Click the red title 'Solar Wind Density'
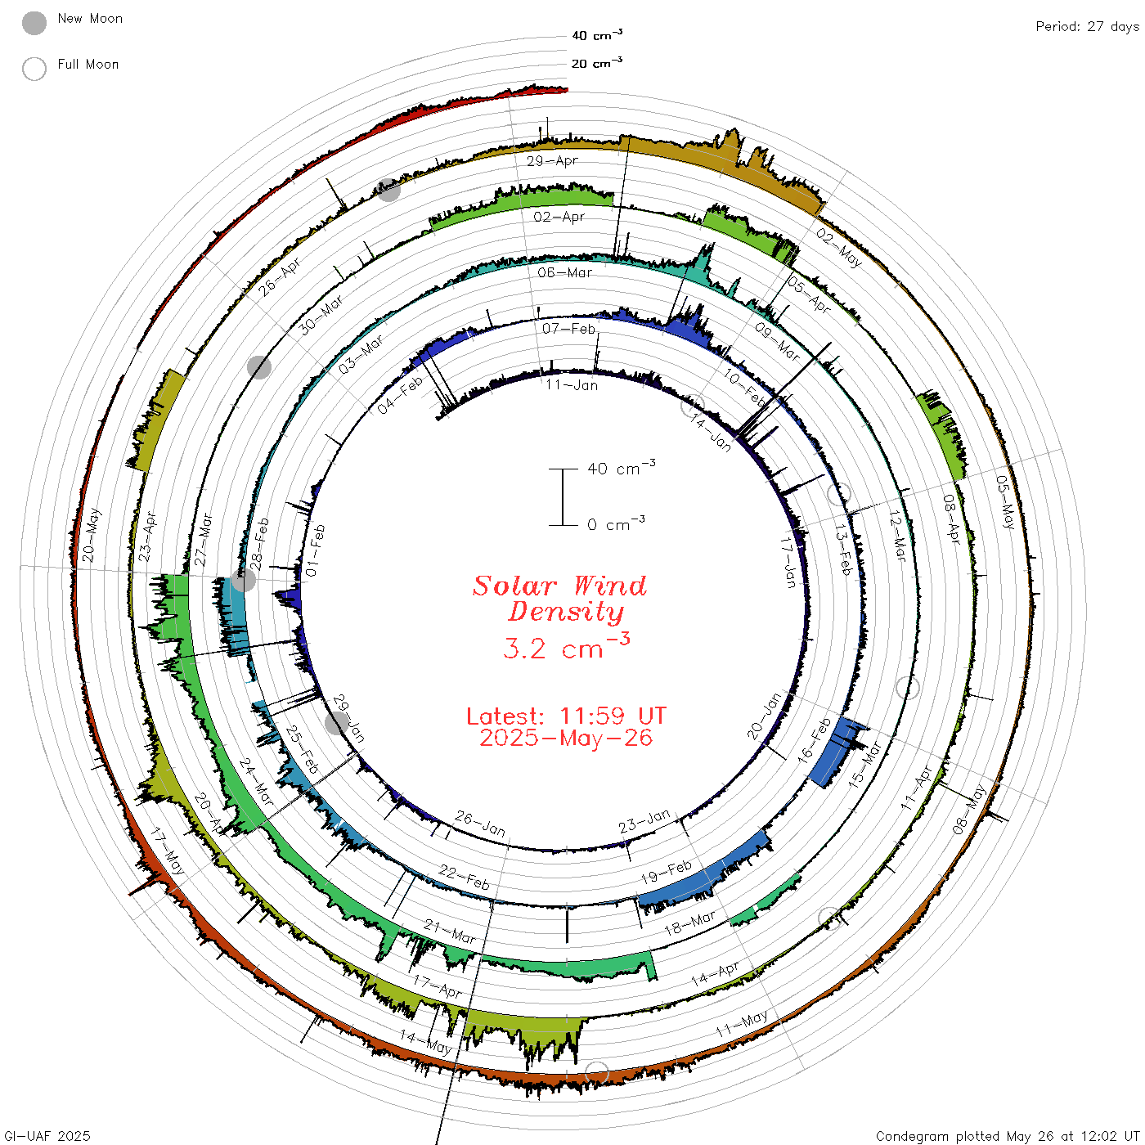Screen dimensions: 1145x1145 click(559, 599)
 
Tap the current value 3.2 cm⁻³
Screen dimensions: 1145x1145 click(566, 647)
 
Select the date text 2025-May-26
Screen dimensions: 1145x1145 click(566, 738)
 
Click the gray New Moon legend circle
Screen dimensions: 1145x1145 click(34, 23)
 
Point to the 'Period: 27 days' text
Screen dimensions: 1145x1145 click(1087, 27)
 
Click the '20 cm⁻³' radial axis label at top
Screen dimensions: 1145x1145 click(596, 62)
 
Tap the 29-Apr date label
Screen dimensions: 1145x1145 click(552, 160)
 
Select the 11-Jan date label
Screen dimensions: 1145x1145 click(571, 385)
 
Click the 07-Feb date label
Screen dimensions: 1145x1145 click(568, 329)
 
